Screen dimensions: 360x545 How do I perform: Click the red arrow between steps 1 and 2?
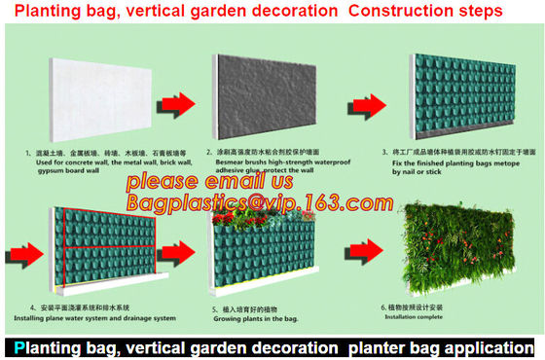pos(180,100)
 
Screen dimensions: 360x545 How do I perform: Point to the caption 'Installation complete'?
pos(437,316)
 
